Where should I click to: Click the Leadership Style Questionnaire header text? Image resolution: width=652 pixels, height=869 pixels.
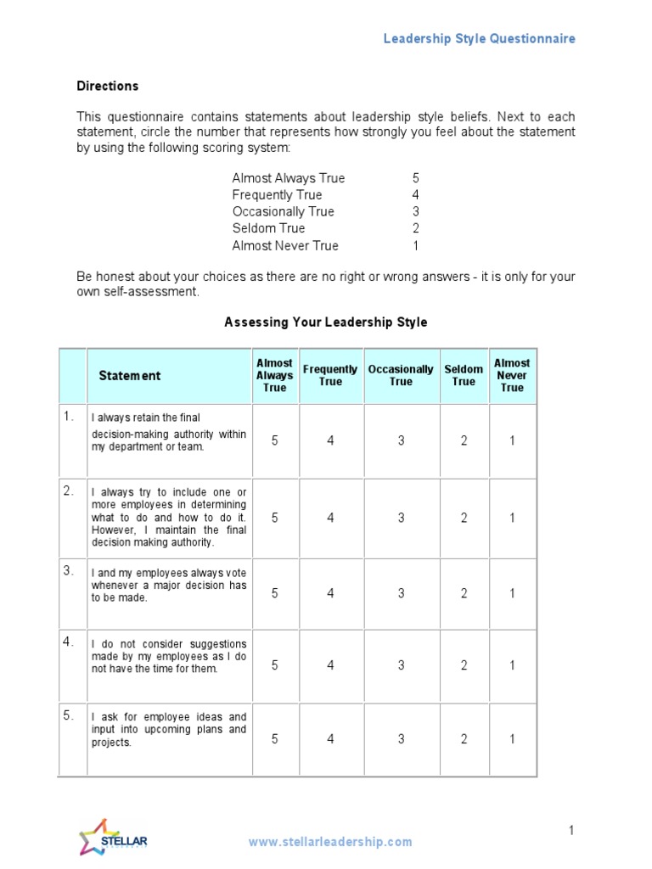479,38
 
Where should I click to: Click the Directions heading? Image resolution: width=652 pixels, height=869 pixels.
108,86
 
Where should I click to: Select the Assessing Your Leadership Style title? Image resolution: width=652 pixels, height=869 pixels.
325,322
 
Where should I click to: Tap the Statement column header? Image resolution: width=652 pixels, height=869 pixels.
129,376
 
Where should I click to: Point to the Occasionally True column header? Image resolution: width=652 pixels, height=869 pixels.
401,375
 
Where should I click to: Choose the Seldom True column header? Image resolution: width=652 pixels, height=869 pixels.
464,375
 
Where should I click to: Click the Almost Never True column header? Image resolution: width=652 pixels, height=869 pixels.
512,375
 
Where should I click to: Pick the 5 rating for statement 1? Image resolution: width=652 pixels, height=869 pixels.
274,440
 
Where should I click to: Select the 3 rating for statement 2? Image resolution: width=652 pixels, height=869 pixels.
401,518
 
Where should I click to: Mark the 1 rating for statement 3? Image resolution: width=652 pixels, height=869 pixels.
512,593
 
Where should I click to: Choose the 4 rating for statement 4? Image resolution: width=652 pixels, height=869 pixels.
330,665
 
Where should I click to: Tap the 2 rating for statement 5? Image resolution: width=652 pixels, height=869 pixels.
464,739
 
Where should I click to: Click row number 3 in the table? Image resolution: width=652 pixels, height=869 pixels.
69,570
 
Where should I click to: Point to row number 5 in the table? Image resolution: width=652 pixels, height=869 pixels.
69,715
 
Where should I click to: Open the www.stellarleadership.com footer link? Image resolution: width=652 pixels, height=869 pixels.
330,842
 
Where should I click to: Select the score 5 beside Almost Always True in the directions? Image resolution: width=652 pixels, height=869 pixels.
416,178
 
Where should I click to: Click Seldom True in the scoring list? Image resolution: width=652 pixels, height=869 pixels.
268,228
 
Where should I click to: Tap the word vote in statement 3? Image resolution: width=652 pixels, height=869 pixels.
236,573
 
